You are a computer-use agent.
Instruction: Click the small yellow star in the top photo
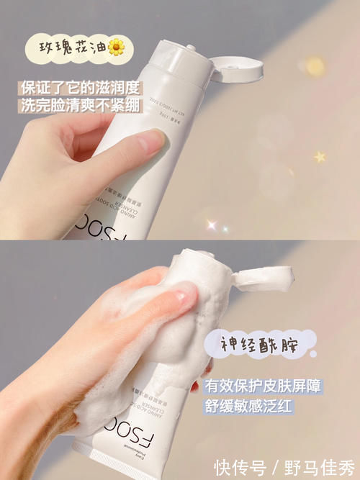320,156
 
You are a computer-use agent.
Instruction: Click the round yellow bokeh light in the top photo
315,67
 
